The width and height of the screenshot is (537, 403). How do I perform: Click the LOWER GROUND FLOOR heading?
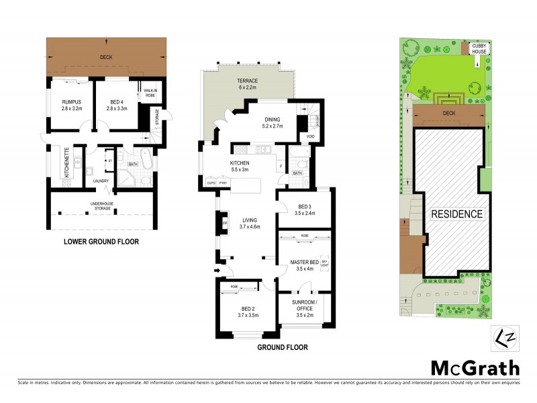pyautogui.click(x=101, y=242)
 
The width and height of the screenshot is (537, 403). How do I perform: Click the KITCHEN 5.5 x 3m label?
pyautogui.click(x=240, y=167)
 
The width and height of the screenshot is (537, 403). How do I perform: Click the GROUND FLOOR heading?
pyautogui.click(x=283, y=348)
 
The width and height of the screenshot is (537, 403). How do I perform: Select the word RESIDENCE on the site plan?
pyautogui.click(x=456, y=214)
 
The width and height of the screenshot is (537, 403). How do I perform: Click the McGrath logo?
pyautogui.click(x=475, y=368)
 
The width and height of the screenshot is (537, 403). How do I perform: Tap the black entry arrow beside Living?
pyautogui.click(x=217, y=271)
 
